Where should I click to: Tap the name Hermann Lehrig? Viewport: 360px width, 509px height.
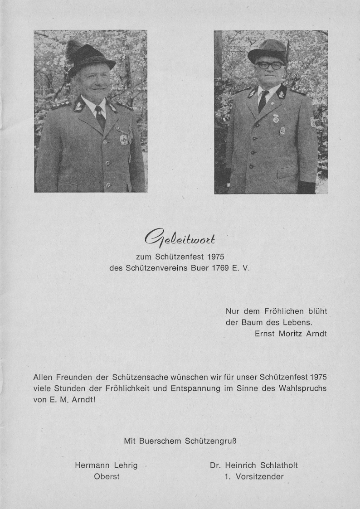(106, 465)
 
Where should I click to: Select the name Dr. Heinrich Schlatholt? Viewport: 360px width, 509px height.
(254, 465)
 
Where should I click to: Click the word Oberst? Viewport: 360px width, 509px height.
(107, 477)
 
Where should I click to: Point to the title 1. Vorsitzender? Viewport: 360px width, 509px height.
(254, 477)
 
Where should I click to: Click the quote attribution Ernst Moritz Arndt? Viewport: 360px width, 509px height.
(291, 334)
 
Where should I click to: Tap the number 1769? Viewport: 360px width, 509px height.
(223, 268)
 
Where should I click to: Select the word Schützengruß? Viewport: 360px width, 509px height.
(211, 440)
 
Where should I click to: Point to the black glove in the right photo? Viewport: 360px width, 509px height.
(306, 187)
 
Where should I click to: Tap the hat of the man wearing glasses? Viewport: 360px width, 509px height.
(268, 49)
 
